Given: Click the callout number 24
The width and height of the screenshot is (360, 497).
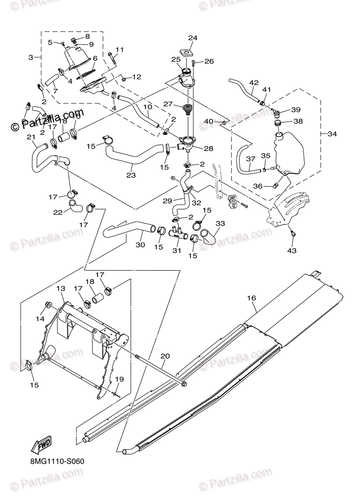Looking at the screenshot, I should coord(192,38).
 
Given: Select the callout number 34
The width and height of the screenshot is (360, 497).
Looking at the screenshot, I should coord(332,134).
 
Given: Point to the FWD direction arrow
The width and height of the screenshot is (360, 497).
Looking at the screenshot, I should coord(41,446).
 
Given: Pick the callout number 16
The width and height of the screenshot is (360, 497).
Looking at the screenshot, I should coord(251,298).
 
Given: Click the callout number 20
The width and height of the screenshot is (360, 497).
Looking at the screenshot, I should coord(165,356).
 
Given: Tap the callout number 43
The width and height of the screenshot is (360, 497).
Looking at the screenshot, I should coord(292,251).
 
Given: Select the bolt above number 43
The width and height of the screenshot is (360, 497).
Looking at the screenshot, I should coord(292,233).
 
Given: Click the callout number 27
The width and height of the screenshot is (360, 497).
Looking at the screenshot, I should coord(167,104).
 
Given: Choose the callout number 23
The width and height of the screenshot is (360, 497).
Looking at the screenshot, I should coord(131,175).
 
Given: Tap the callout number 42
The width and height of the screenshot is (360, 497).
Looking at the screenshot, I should coord(254,83).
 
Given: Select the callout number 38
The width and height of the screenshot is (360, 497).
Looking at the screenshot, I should coord(298,121).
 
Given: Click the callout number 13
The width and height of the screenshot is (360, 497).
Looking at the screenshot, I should coord(61,288).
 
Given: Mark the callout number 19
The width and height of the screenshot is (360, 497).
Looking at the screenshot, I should coord(119,379).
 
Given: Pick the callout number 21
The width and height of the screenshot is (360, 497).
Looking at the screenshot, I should coord(30,137).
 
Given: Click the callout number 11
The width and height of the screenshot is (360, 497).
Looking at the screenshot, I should coord(119,50).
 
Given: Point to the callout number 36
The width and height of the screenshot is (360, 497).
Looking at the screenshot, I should coord(258,186).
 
